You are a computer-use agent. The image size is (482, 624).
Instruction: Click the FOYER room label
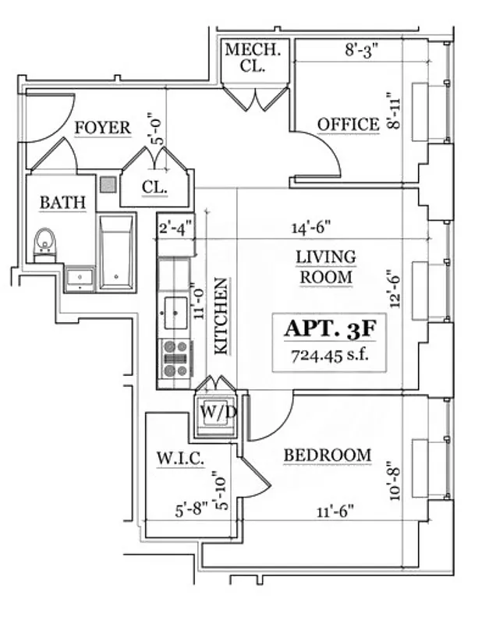(102, 129)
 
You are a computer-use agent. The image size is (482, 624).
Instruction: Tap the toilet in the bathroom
(46, 243)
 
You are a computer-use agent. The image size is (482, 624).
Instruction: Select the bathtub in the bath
(117, 252)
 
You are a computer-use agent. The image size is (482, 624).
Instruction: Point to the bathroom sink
(79, 277)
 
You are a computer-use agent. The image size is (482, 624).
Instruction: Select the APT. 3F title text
(330, 328)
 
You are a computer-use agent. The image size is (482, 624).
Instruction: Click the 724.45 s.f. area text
(330, 356)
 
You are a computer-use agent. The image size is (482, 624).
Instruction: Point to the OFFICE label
(348, 125)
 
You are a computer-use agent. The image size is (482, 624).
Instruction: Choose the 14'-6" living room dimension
(310, 229)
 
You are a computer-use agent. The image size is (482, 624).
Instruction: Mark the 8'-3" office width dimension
(361, 51)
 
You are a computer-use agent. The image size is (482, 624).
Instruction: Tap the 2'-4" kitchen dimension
(175, 229)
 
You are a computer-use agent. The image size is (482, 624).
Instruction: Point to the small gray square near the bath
(108, 185)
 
